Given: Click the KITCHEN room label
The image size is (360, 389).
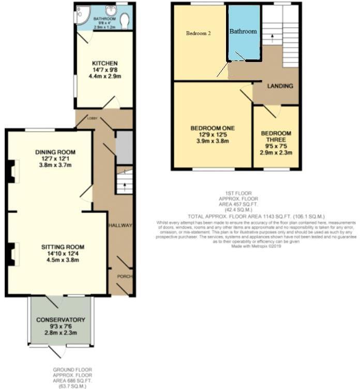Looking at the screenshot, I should pyautogui.click(x=106, y=63).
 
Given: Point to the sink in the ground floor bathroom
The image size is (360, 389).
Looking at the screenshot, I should pyautogui.click(x=111, y=10).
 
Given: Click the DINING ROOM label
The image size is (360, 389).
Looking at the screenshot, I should pyautogui.click(x=55, y=152).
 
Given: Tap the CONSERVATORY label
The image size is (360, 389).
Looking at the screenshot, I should pyautogui.click(x=61, y=320).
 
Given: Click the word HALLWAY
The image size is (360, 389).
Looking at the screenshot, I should pyautogui.click(x=121, y=226).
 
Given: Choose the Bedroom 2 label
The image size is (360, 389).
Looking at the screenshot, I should pyautogui.click(x=199, y=34).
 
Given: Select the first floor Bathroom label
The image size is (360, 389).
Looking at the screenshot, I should pyautogui.click(x=243, y=32).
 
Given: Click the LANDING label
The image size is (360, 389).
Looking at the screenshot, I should pyautogui.click(x=280, y=86).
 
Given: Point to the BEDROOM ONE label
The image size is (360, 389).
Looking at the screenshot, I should pyautogui.click(x=213, y=128).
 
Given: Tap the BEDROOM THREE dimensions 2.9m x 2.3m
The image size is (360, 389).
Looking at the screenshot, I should pyautogui.click(x=276, y=153).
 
